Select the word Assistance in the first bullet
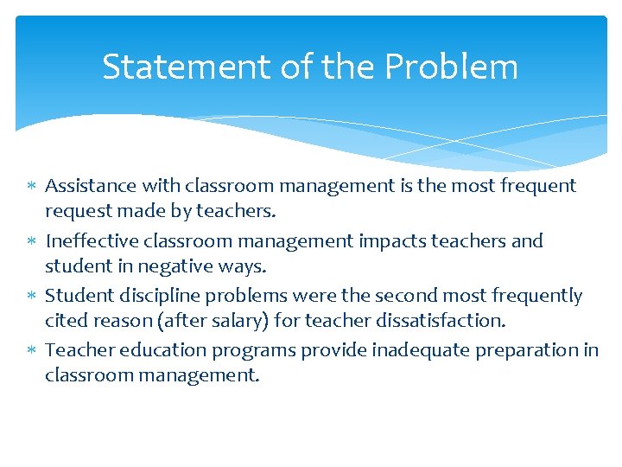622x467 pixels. tap(91, 185)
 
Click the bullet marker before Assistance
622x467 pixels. tap(31, 186)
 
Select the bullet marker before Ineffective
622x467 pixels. tap(31, 241)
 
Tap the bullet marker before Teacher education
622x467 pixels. tap(31, 351)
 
